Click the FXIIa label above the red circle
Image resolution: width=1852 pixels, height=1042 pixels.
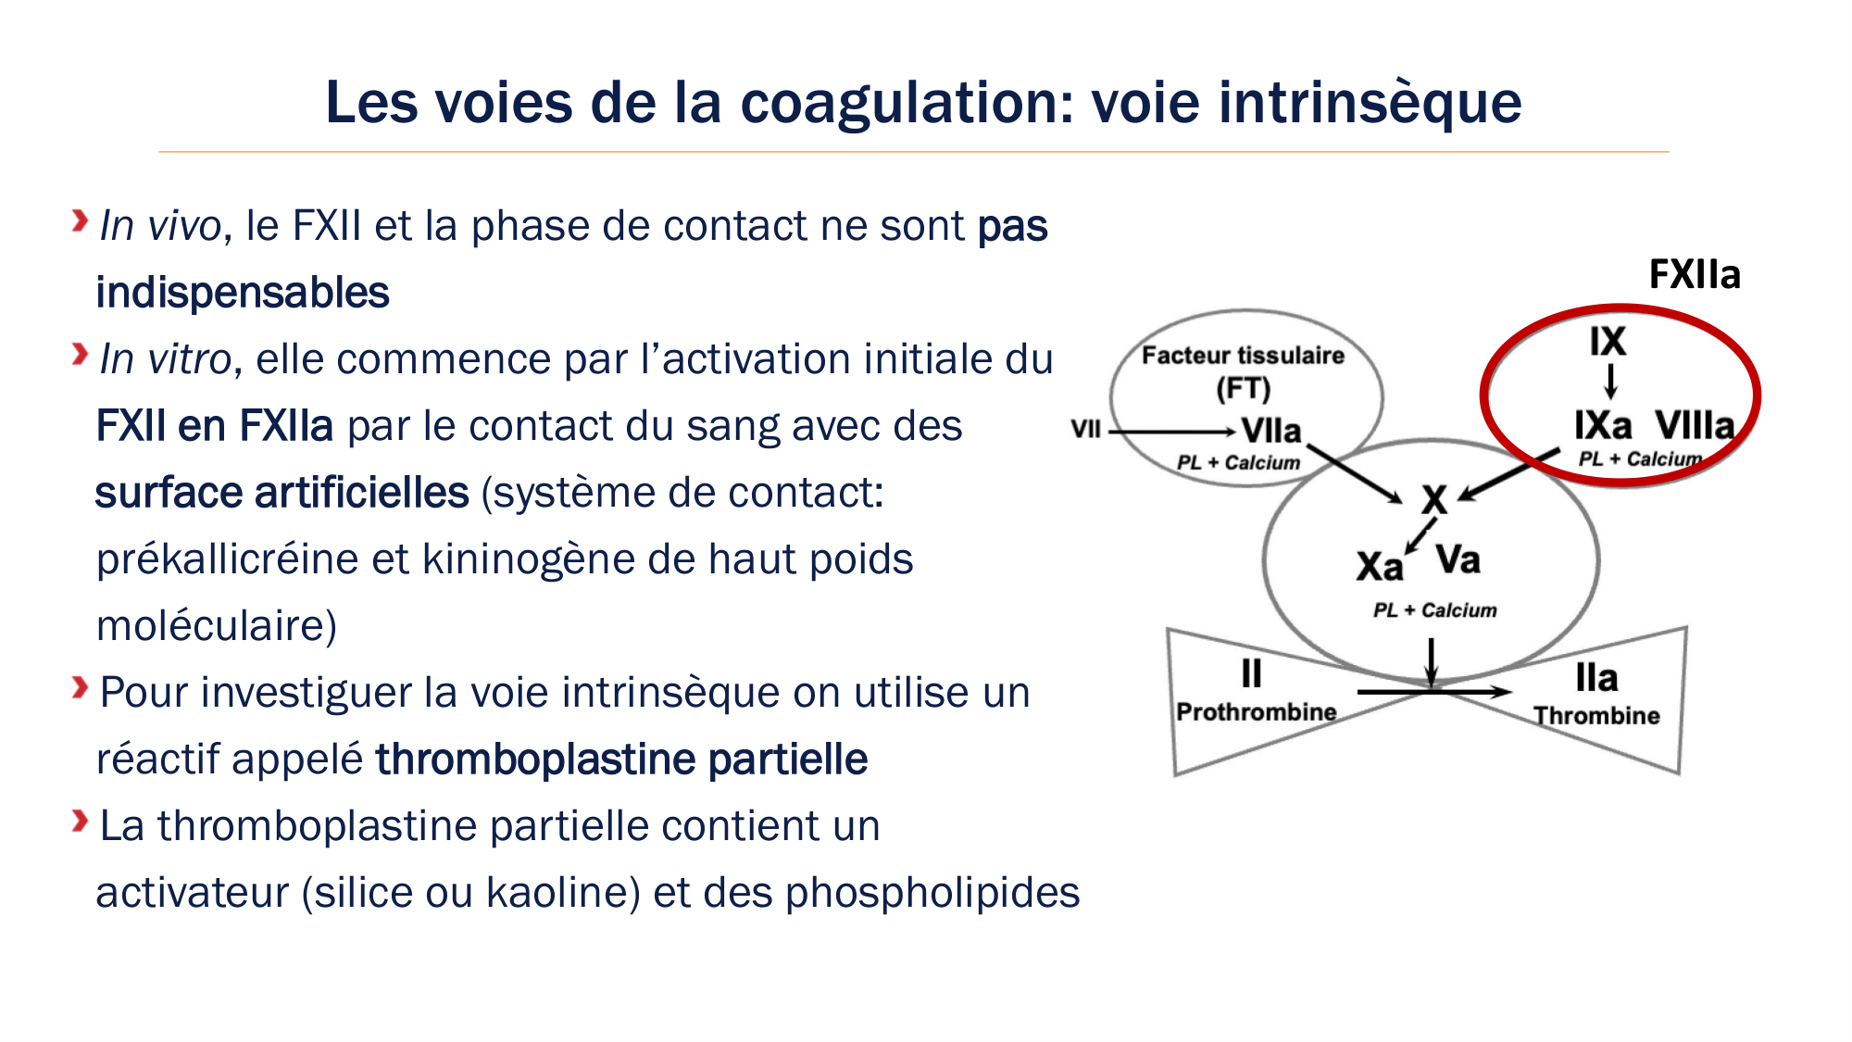point(1694,275)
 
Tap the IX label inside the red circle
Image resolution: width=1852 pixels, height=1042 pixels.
point(1608,342)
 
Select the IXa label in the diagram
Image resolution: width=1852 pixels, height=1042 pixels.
point(1603,426)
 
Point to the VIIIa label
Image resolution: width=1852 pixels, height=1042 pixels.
point(1694,426)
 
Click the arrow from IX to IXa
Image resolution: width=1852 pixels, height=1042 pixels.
point(1610,381)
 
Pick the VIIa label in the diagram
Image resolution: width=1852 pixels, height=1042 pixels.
point(1270,431)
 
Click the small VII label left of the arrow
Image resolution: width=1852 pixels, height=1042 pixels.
point(1085,430)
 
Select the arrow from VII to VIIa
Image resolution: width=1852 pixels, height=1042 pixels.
point(1171,432)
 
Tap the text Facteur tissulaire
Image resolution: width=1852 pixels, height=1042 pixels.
point(1242,356)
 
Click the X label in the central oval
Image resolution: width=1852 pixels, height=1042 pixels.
point(1433,501)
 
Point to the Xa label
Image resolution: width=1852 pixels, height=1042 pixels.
point(1379,567)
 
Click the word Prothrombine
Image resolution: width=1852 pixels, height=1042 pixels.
point(1256,712)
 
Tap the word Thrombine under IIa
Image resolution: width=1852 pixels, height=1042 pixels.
point(1596,716)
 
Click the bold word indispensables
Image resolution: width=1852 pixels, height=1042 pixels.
point(243,294)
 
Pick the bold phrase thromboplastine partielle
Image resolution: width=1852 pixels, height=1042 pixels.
point(621,760)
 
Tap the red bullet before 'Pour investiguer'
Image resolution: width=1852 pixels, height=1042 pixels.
point(81,688)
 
